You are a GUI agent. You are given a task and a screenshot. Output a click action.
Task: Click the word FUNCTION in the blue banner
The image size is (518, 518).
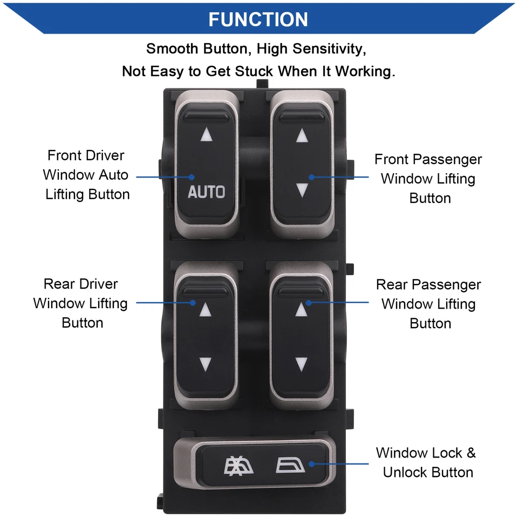pos(258,19)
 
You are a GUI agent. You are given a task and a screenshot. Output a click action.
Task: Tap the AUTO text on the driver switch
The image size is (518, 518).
pos(206,192)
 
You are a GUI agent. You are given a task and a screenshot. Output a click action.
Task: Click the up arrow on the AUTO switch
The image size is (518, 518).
pos(206,135)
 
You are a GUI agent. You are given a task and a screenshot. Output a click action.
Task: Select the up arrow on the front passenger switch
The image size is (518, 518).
pos(302,135)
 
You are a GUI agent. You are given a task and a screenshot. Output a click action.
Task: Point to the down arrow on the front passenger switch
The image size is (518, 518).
pos(302,189)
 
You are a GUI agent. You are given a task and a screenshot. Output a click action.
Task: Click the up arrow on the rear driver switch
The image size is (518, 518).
pos(205,310)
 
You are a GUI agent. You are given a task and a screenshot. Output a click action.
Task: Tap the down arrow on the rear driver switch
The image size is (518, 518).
pos(205,363)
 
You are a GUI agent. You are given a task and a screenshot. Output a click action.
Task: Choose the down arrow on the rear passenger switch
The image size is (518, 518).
pos(301,363)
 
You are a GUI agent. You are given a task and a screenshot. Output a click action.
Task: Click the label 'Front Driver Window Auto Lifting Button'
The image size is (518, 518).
pos(86,175)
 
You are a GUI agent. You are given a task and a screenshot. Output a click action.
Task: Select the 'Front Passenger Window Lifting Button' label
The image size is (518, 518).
pos(428,179)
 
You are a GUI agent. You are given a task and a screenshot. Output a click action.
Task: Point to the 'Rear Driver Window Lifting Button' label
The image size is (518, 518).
pos(81,303)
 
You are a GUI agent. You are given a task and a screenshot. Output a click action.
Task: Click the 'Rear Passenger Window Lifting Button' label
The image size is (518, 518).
pos(428,304)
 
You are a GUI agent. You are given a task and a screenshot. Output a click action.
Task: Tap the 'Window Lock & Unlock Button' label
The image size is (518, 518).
pos(426,462)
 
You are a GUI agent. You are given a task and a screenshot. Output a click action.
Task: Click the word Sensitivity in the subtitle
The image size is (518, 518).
pos(329,49)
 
